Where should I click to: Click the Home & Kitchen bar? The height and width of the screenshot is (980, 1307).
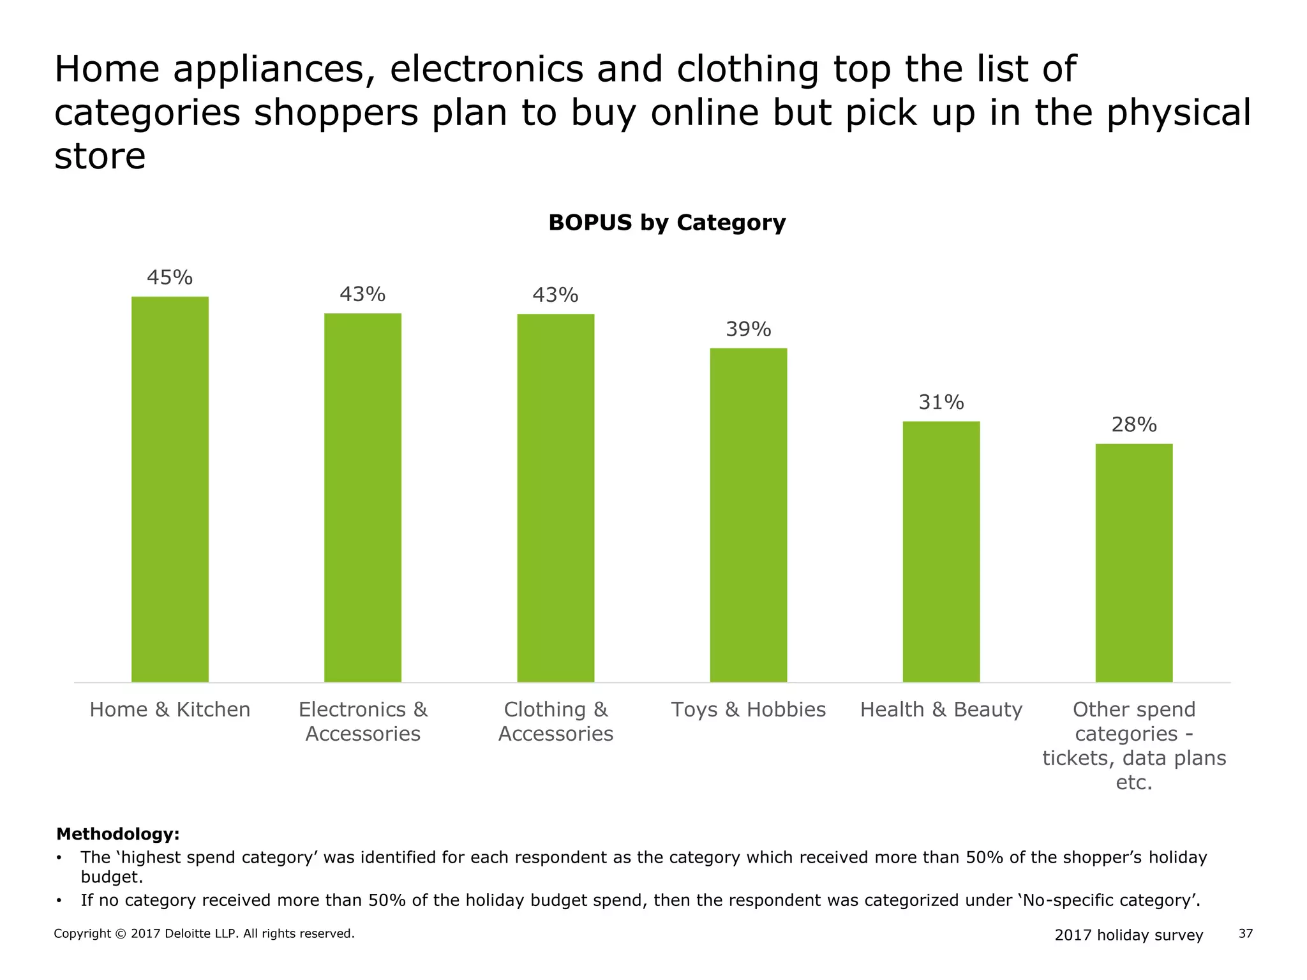coord(170,489)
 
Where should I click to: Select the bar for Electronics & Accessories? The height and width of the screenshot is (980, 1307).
coord(362,498)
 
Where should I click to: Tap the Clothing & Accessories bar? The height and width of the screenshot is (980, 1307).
coord(555,498)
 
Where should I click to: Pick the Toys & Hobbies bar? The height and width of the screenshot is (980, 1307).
coord(748,515)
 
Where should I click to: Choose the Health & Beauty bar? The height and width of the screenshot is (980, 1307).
coord(941,551)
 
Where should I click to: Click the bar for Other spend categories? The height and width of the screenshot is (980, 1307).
coord(1133,563)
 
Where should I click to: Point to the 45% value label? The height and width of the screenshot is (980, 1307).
coord(170,278)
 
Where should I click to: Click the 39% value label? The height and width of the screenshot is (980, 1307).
coord(748,329)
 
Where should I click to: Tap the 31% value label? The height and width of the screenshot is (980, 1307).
coord(941,402)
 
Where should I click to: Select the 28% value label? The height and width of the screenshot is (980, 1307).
coord(1133,425)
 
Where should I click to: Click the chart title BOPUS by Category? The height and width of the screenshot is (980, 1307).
coord(667,223)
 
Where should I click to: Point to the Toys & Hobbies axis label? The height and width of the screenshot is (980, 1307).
coord(748,709)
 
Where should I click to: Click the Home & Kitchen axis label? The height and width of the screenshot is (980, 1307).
coord(170,709)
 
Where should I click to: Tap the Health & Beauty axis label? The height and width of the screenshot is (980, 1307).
coord(941,709)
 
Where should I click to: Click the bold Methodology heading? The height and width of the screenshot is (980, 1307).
coord(118,834)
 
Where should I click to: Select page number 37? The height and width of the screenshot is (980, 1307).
coord(1245,934)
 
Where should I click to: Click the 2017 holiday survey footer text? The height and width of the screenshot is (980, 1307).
coord(1128,935)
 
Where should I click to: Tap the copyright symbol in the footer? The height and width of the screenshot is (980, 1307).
coord(121,934)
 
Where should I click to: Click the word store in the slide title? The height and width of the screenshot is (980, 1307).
coord(100,156)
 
